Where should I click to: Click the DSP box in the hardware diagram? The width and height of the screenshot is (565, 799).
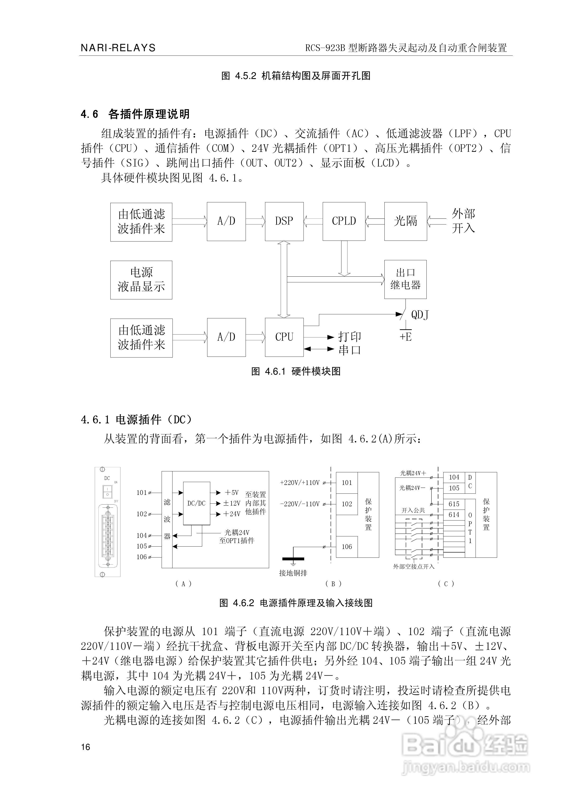click(284, 221)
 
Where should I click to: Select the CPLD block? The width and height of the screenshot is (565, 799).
click(344, 221)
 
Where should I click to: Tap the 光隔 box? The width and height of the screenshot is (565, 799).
click(405, 221)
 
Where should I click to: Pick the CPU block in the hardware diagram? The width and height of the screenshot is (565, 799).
click(284, 337)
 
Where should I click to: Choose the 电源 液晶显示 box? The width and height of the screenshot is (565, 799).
click(141, 280)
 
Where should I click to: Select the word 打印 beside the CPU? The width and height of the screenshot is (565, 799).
click(350, 336)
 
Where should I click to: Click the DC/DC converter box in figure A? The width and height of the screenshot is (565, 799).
click(196, 503)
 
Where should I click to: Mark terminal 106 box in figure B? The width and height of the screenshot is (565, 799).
click(347, 547)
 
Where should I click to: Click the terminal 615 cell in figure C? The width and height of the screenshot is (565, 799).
click(454, 504)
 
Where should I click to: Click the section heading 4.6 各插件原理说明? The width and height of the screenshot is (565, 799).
click(135, 114)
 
